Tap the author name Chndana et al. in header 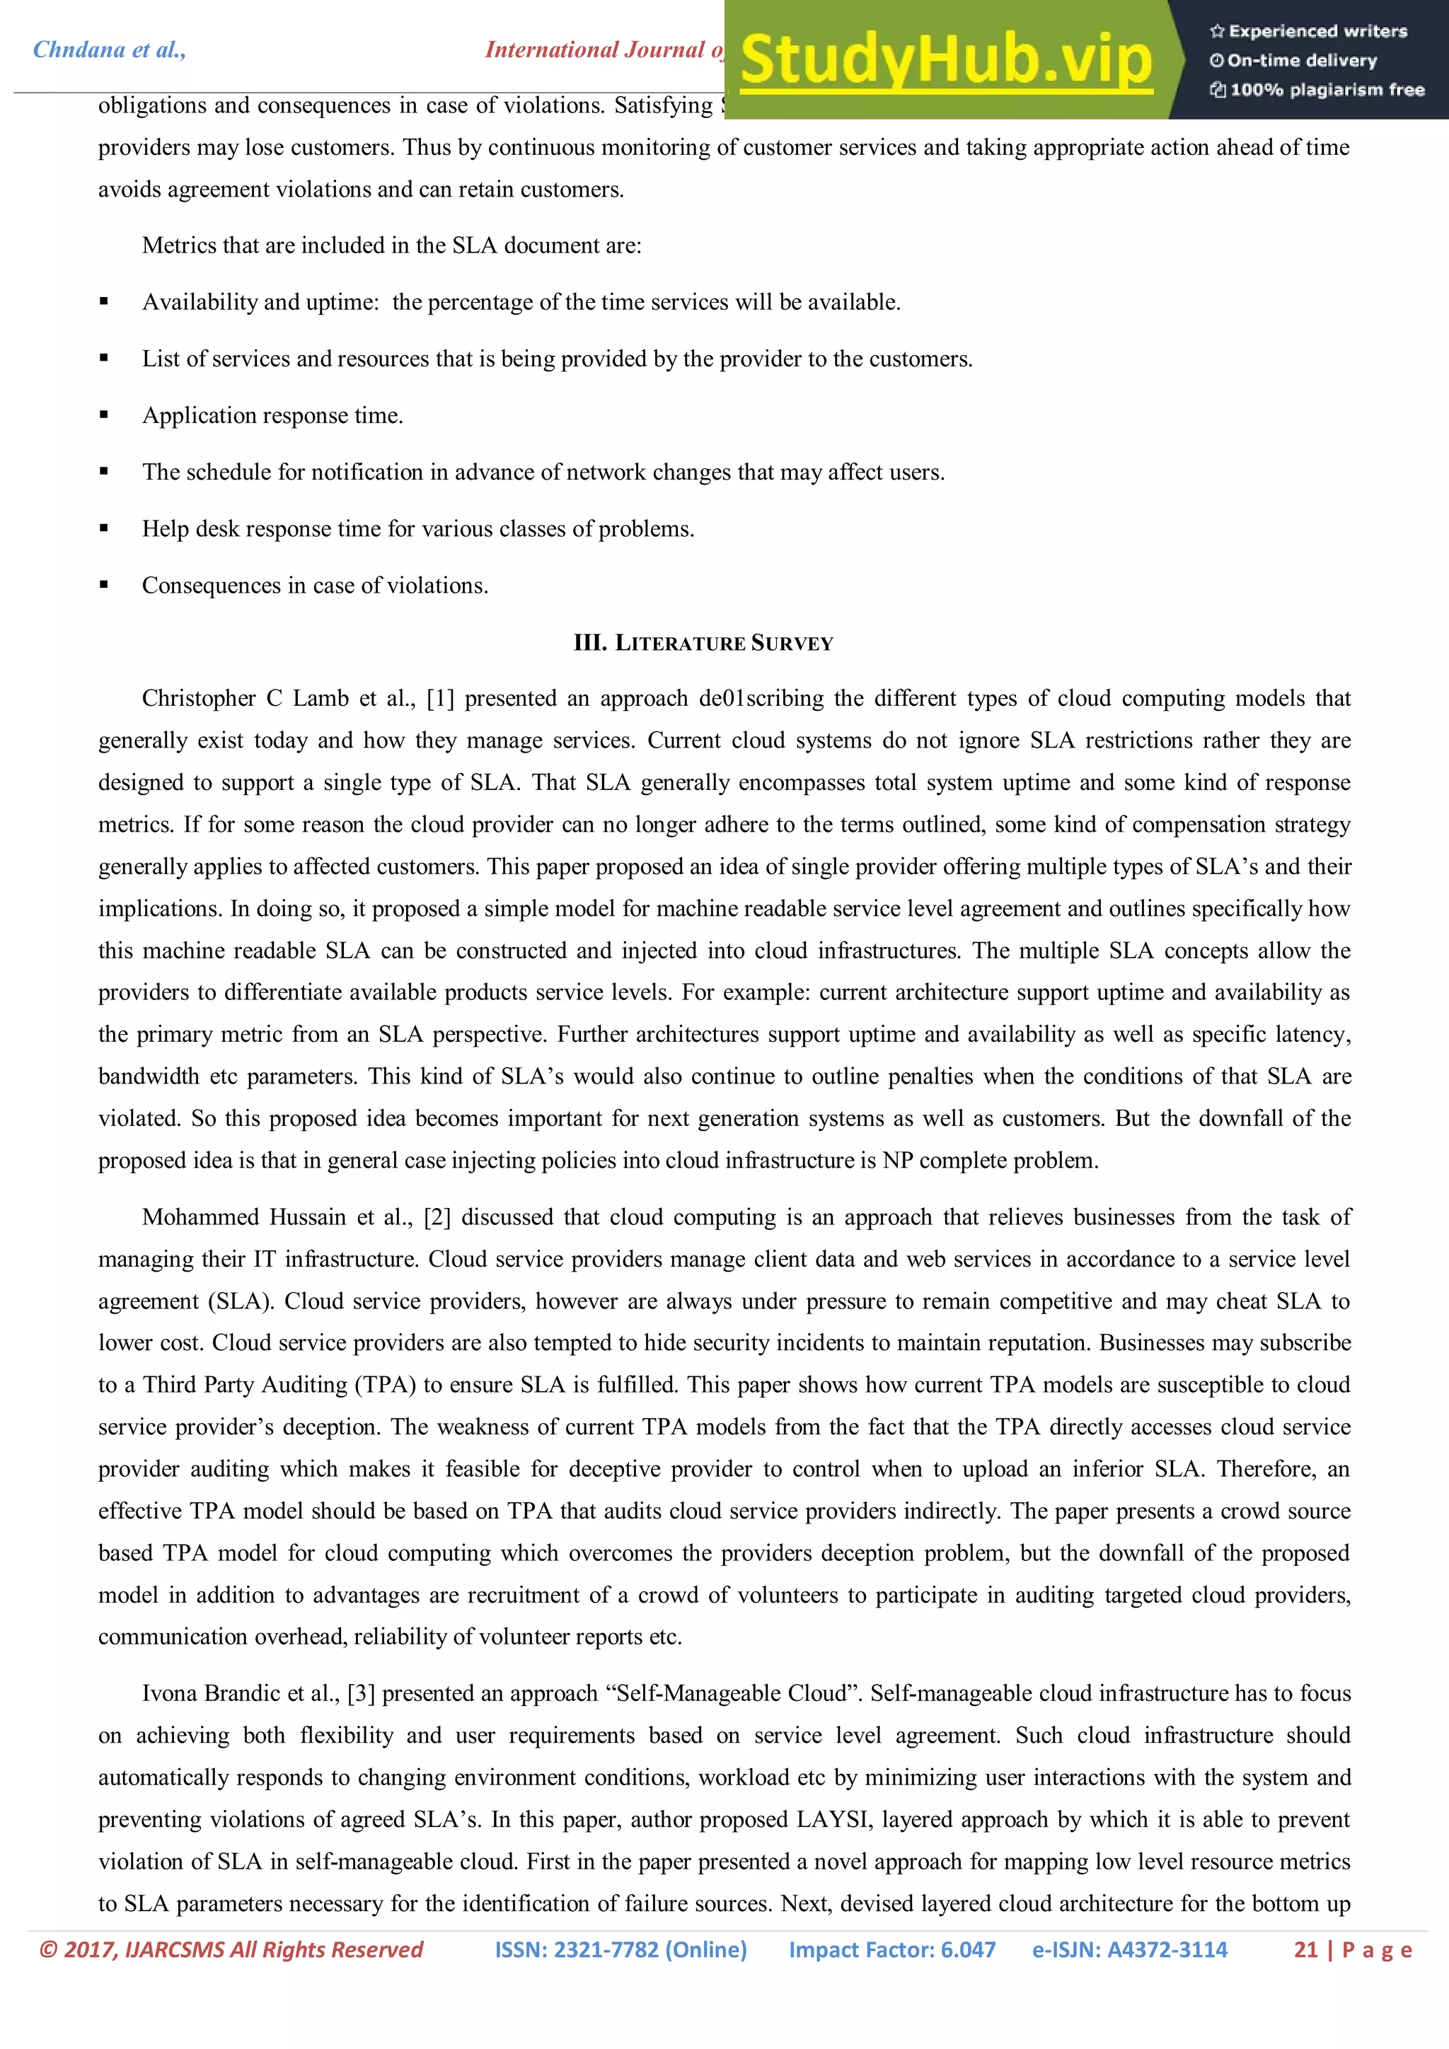coord(110,50)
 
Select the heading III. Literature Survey coord(703,642)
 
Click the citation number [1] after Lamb coord(440,699)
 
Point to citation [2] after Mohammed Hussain coord(437,1217)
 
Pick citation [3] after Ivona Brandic coord(361,1693)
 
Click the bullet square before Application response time coord(105,415)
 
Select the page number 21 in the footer coord(1305,1950)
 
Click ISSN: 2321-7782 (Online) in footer coord(620,1950)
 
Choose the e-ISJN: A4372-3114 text coord(1129,1950)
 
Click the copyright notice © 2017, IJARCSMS coord(231,1950)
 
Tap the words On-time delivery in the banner coord(1301,61)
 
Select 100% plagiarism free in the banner coord(1326,90)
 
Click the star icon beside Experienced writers coord(1216,32)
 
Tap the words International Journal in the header coord(594,50)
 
